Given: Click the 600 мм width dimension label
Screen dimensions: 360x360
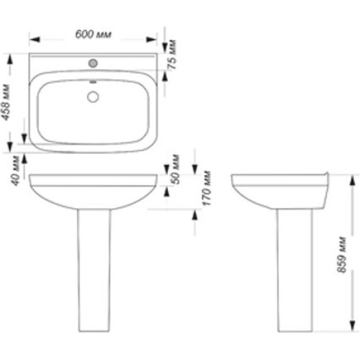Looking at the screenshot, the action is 94,35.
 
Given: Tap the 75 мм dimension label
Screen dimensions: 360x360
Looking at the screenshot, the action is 172,55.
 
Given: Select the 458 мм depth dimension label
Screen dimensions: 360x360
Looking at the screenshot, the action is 6,102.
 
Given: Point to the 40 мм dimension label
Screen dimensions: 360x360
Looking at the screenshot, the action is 15,171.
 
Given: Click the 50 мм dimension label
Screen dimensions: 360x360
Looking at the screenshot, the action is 176,169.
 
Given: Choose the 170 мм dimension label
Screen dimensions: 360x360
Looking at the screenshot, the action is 207,188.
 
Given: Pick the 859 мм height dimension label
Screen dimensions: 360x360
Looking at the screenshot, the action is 341,255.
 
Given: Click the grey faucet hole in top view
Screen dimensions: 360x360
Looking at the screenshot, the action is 93,63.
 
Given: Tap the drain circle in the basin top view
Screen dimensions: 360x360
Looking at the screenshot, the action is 93,97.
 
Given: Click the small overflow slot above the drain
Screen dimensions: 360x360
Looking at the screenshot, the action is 93,82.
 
